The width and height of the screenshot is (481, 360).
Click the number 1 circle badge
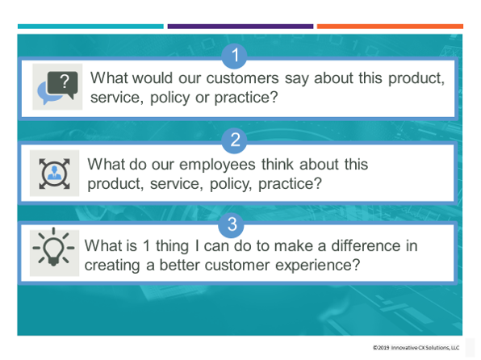[235, 56]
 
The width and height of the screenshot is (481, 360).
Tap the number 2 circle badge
[235, 139]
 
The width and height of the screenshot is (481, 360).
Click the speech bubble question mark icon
[57, 87]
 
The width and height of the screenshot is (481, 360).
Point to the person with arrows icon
[55, 173]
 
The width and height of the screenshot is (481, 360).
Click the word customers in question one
[245, 79]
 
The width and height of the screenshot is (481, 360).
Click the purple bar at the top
[240, 27]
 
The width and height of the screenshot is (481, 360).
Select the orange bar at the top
[389, 27]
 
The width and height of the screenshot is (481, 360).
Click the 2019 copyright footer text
[416, 348]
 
